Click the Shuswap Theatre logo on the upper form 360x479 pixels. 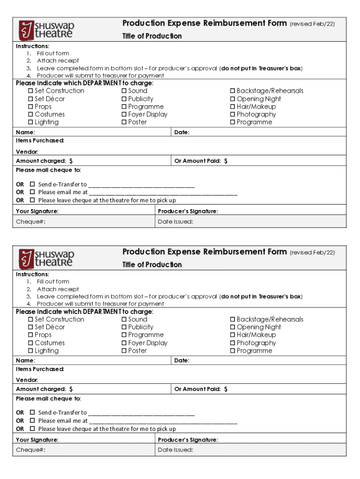point(46,29)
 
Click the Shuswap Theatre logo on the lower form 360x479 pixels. point(46,258)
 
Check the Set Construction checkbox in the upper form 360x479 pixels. point(31,91)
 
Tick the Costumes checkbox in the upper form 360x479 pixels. point(31,115)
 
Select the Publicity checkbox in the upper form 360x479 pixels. point(124,99)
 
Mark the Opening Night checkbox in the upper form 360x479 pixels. point(233,99)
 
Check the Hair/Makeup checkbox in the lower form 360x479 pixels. point(233,335)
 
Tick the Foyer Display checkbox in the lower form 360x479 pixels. point(124,343)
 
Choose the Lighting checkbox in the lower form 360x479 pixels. point(31,351)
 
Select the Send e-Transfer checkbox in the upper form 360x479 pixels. point(32,184)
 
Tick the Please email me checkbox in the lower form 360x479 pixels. point(32,421)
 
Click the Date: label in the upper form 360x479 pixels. point(181,132)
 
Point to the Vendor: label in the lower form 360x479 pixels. point(27,380)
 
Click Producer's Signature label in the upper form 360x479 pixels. point(187,211)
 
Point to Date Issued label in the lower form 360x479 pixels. point(175,450)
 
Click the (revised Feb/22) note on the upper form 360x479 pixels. point(312,24)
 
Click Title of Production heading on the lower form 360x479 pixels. point(152,265)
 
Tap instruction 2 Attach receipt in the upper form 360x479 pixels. point(58,61)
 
